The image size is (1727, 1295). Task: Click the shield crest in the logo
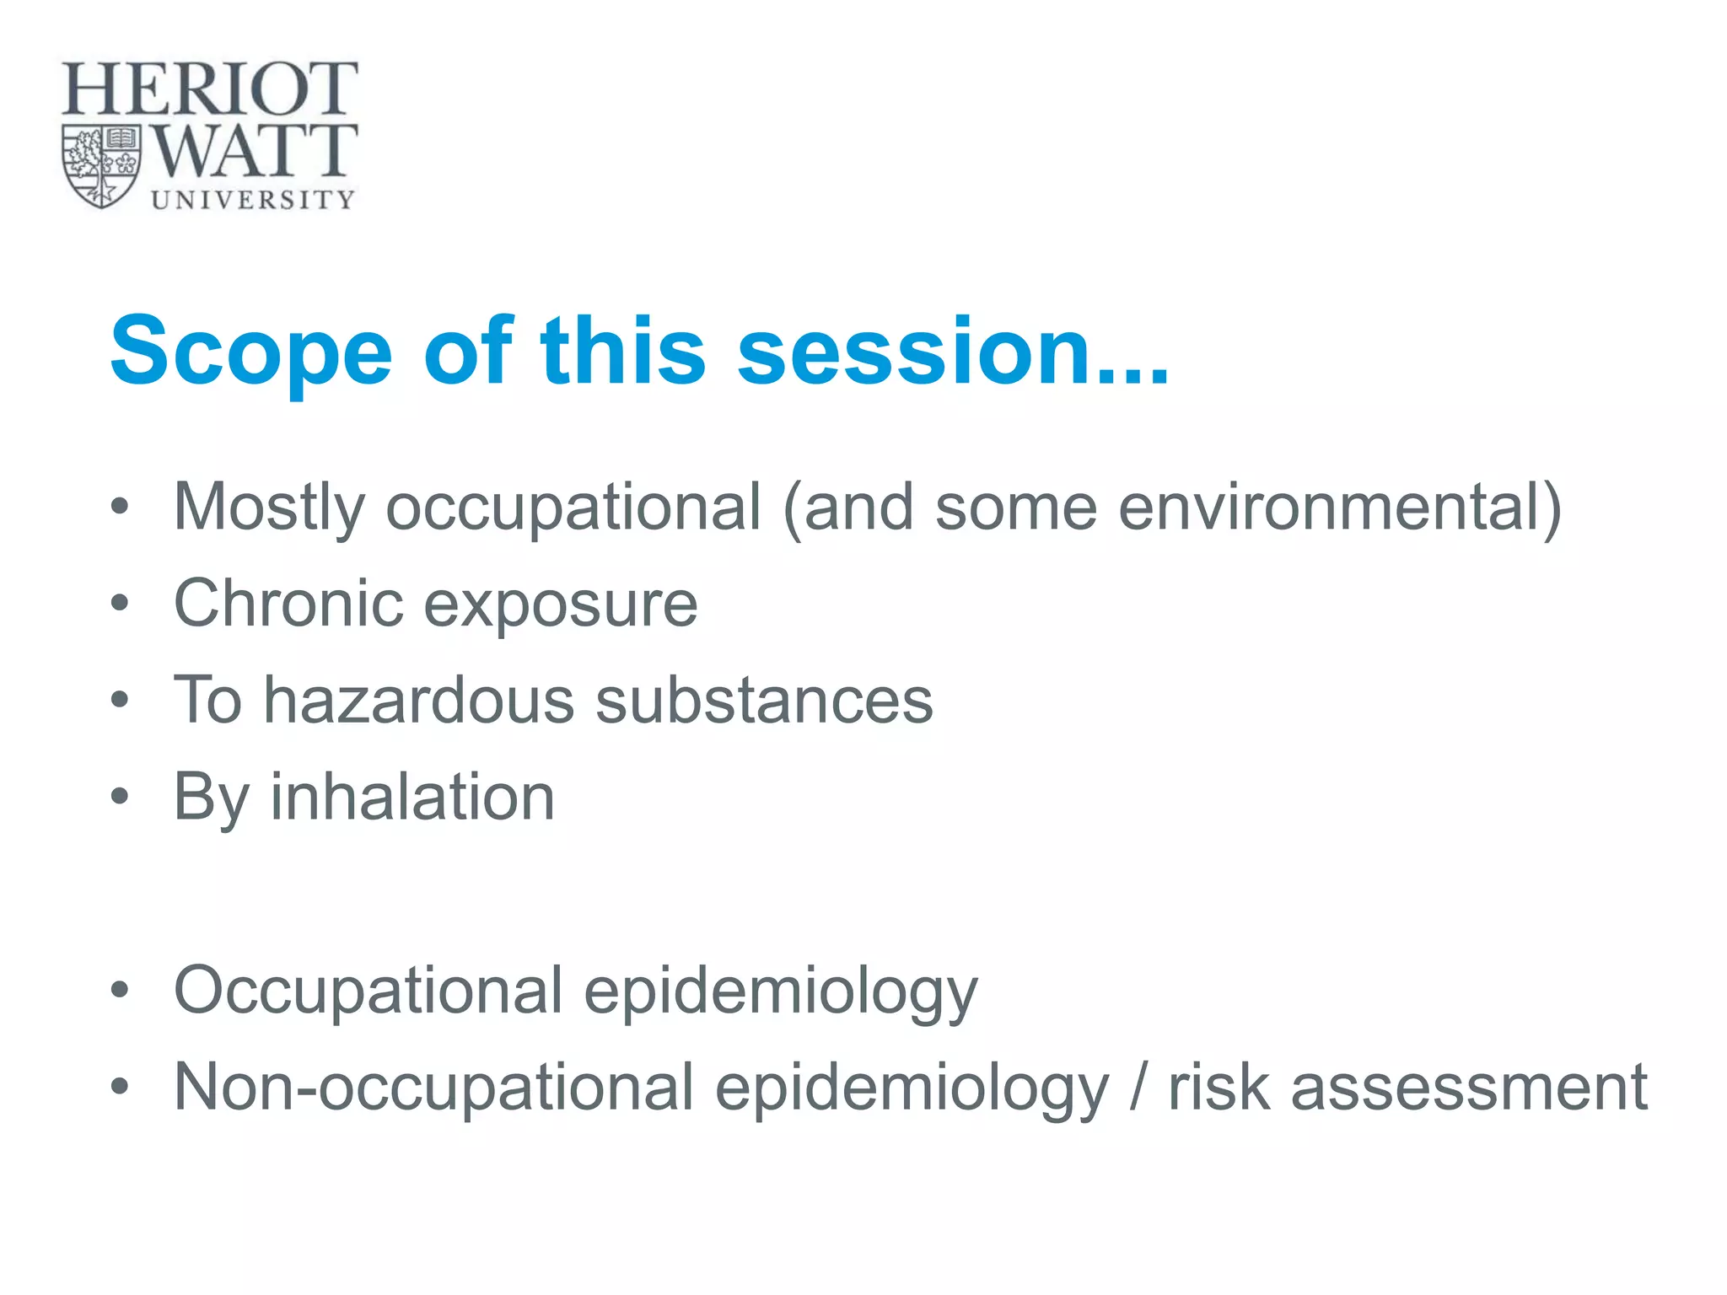(101, 166)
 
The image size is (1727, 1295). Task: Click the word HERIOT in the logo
(209, 89)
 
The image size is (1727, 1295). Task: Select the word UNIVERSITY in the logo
(253, 200)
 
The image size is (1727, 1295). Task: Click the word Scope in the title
(251, 352)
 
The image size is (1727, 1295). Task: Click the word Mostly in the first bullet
(268, 508)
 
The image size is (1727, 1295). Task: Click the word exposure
(561, 605)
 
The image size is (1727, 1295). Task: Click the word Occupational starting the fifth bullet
(368, 991)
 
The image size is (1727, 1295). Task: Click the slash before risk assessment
(1138, 1088)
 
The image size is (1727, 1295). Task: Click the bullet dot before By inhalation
(120, 796)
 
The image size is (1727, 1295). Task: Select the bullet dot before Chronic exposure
(120, 603)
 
